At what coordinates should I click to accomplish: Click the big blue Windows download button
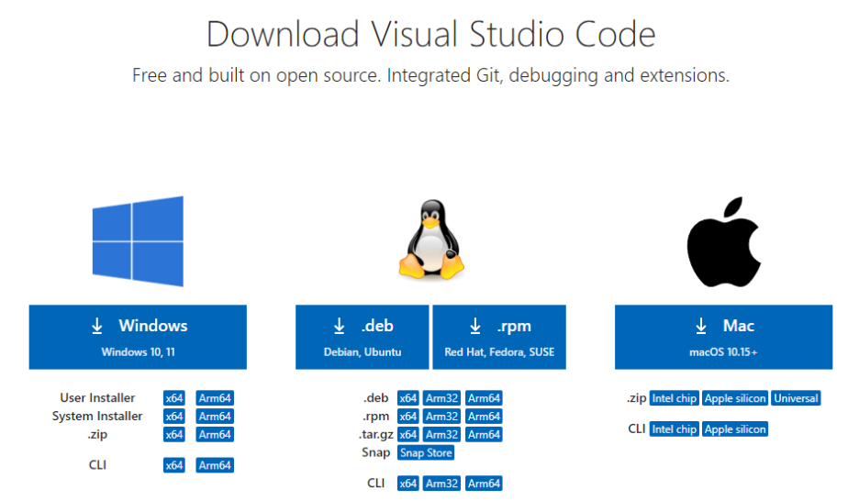coord(138,337)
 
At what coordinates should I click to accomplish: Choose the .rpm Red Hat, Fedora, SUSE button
coord(499,337)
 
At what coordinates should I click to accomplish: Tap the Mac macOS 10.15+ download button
coord(723,337)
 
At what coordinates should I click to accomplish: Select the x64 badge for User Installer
coord(174,398)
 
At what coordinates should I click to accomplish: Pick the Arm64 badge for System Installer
coord(215,417)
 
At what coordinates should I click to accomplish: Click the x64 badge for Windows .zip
coord(174,435)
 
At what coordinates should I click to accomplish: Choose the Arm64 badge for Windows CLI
coord(215,465)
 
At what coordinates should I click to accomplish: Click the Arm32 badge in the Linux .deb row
coord(441,398)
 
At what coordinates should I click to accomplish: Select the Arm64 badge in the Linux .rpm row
coord(484,417)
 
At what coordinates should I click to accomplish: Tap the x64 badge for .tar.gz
coord(407,435)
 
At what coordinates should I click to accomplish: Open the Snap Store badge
coord(426,452)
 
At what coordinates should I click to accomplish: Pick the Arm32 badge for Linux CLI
coord(441,484)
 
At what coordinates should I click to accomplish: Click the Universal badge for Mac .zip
coord(796,398)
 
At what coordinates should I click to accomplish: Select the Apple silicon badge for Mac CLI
coord(735,429)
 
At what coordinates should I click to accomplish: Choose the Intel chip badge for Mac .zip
coord(675,398)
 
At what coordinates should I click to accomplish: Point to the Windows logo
coord(138,241)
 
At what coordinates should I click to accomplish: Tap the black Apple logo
coord(723,239)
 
